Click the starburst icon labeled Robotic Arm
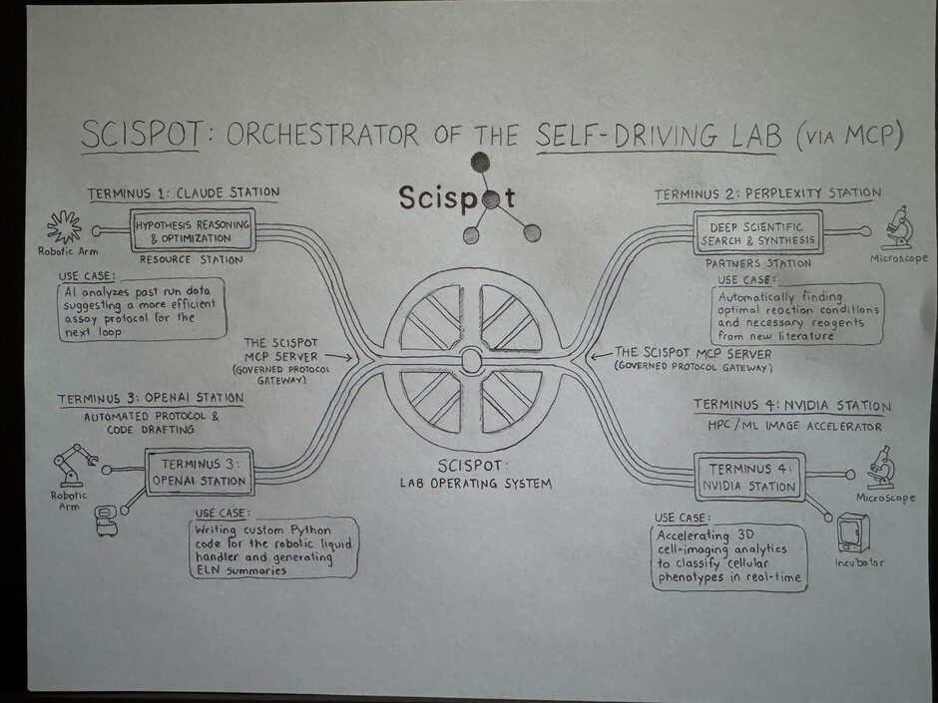point(64,227)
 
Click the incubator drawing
point(853,533)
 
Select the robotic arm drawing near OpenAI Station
point(73,465)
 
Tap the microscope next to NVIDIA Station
point(881,467)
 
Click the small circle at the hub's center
point(471,361)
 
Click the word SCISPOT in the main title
point(141,135)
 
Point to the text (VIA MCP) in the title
point(848,137)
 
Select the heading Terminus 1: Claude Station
point(184,193)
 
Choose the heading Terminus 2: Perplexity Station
point(767,193)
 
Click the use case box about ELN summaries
point(274,548)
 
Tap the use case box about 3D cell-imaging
point(728,557)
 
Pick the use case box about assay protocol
point(143,310)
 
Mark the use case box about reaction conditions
point(798,314)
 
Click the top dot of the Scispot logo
point(480,162)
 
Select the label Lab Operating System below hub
point(476,483)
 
